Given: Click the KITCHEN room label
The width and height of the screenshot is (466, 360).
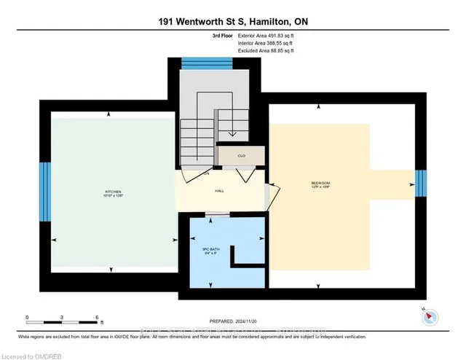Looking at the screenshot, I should pyautogui.click(x=111, y=192).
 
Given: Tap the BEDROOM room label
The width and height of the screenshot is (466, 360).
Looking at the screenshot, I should pyautogui.click(x=320, y=182).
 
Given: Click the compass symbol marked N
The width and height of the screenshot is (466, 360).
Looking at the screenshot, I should pyautogui.click(x=430, y=316).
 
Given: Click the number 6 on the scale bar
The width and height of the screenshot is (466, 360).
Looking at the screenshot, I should pyautogui.click(x=97, y=318).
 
